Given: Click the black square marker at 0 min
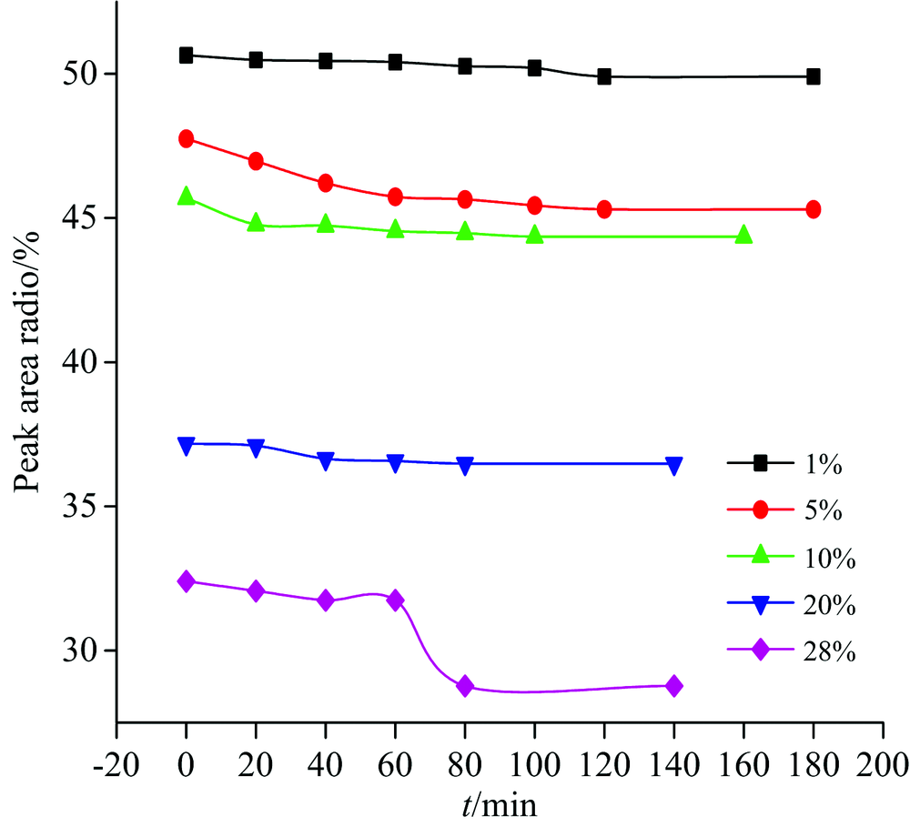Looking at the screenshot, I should tap(187, 55).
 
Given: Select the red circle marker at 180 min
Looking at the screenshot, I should tap(813, 209).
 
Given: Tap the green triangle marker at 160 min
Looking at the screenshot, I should tap(743, 235).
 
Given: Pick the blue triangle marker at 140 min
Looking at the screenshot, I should tap(674, 465).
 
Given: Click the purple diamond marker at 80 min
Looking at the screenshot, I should tap(465, 686).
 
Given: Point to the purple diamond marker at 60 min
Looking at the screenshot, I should tap(395, 600).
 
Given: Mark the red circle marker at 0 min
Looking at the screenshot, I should tap(187, 138).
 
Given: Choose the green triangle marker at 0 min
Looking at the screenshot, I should tap(187, 196).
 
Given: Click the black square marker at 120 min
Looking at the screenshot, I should tap(604, 76).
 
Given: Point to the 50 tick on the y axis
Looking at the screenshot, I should tap(81, 73).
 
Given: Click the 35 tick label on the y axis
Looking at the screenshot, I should tap(81, 506).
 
